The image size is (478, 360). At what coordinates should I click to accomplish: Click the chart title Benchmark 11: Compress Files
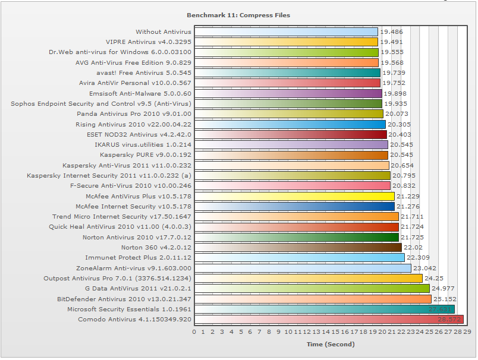[x=238, y=15]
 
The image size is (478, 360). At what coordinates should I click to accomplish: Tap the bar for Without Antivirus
[x=286, y=32]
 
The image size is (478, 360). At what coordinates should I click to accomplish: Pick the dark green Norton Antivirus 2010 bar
[x=297, y=237]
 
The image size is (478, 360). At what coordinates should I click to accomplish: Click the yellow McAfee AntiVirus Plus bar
[x=294, y=196]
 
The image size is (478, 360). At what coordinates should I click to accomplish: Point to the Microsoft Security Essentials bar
[x=324, y=309]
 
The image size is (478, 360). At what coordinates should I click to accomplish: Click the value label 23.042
[x=424, y=268]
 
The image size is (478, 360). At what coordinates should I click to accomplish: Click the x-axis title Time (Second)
[x=331, y=344]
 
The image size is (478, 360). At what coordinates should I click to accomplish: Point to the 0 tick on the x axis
[x=194, y=331]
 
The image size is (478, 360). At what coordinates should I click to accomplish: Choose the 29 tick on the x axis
[x=467, y=331]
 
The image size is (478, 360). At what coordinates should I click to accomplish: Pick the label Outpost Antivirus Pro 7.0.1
[x=118, y=278]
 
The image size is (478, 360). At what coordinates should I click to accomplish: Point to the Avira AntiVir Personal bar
[x=287, y=83]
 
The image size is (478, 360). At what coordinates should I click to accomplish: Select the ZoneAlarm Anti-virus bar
[x=303, y=268]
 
